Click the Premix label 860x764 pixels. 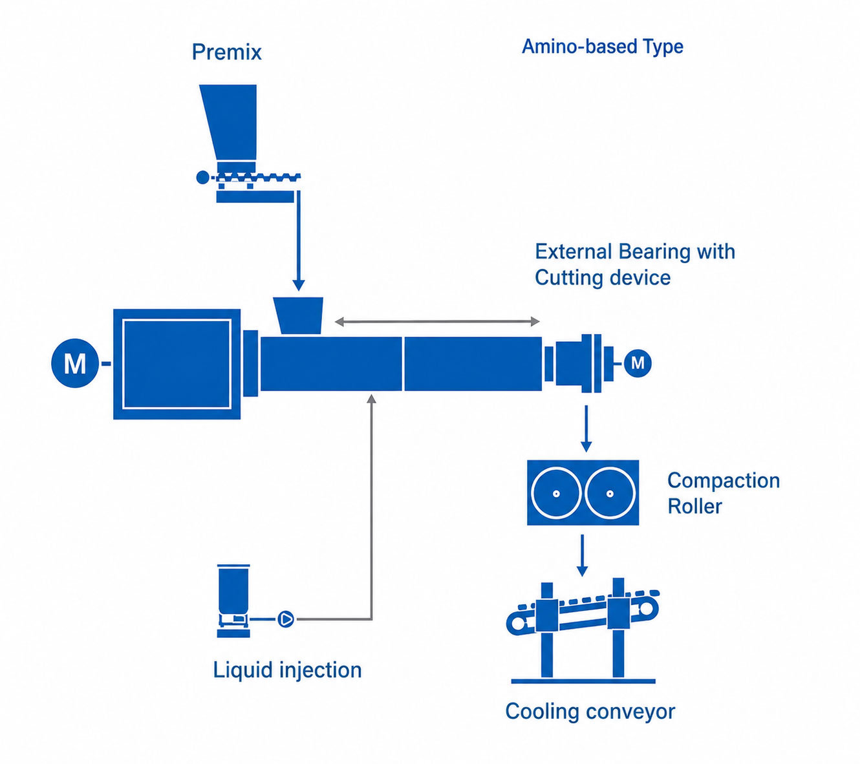tap(227, 52)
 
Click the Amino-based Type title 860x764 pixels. tap(603, 47)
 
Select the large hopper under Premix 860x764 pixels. tap(228, 122)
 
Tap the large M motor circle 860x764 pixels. tap(75, 363)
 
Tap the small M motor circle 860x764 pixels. tap(638, 363)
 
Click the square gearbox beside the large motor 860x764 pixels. tap(177, 364)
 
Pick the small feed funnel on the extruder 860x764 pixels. tap(298, 315)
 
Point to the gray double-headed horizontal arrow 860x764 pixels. tap(437, 322)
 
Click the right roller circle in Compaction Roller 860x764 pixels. tap(610, 493)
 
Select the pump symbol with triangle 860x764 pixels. tap(286, 619)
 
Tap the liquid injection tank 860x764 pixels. tap(233, 600)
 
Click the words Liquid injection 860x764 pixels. tap(287, 670)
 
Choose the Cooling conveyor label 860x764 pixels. tap(590, 712)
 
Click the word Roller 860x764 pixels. tap(694, 506)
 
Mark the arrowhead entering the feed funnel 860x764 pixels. tap(299, 285)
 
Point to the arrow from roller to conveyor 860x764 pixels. tap(583, 555)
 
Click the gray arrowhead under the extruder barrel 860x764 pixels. tap(371, 399)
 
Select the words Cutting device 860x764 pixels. tap(603, 277)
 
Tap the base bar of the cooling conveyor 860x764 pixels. tap(583, 681)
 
